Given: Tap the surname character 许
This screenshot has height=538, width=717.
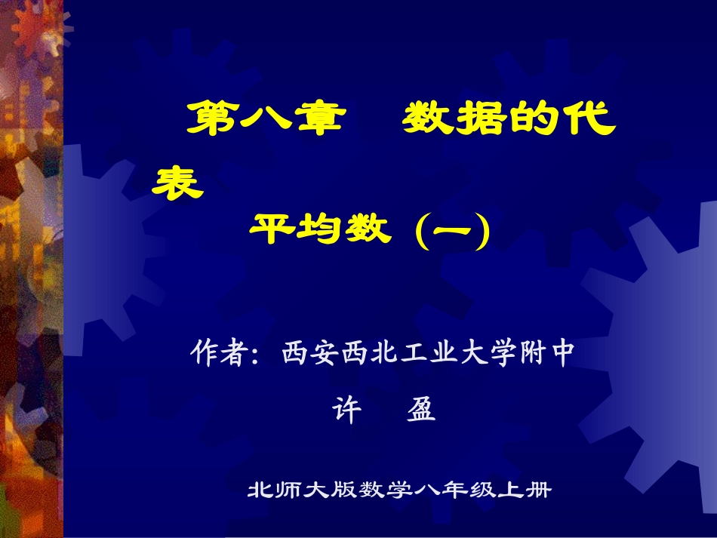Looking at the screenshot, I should point(348,411).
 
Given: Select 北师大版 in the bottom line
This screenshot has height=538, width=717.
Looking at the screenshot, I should point(294,490).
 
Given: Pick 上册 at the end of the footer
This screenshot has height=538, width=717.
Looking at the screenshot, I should point(528,490).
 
